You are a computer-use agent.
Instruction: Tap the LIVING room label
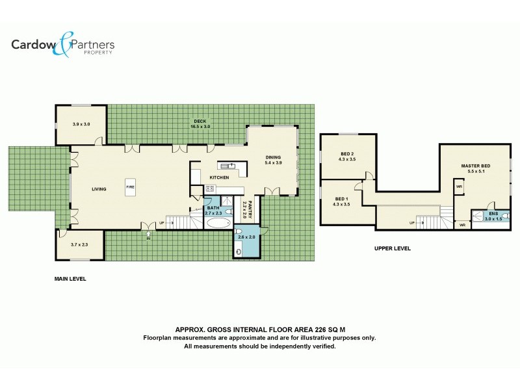pyautogui.click(x=99, y=189)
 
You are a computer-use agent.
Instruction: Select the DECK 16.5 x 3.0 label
pyautogui.click(x=200, y=123)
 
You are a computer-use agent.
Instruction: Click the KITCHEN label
pyautogui.click(x=218, y=177)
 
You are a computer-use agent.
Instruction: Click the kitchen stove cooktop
pyautogui.click(x=210, y=188)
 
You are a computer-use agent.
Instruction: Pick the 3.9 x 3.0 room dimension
pyautogui.click(x=81, y=124)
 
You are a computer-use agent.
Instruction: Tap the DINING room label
pyautogui.click(x=274, y=160)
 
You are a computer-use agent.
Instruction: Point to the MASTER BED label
pyautogui.click(x=475, y=168)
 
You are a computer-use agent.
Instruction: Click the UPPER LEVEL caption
pyautogui.click(x=392, y=248)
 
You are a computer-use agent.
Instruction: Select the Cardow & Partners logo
pyautogui.click(x=62, y=45)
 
